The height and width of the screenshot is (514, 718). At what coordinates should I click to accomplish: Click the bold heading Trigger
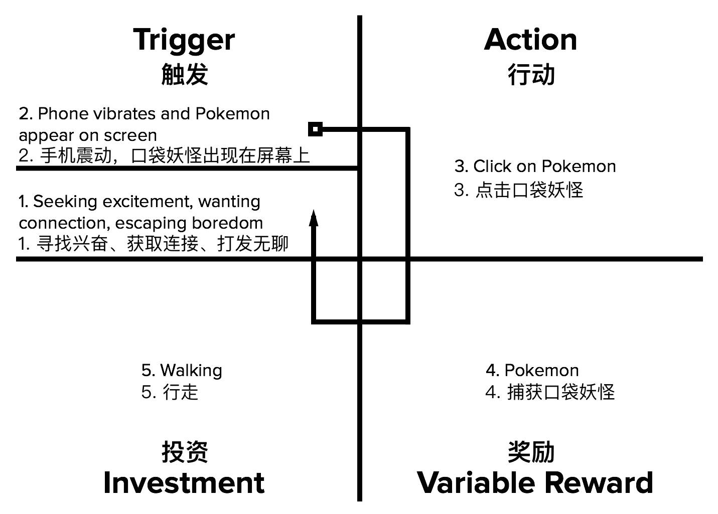pos(184,40)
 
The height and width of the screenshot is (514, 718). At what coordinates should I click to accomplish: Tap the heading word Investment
pos(184,482)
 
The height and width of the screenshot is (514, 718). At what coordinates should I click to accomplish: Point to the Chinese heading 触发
pos(184,75)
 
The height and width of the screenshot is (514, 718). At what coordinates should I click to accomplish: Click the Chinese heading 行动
pos(531,75)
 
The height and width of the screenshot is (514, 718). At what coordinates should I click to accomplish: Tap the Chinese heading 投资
pos(184,452)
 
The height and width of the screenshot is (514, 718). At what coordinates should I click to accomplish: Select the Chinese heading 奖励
pos(531,452)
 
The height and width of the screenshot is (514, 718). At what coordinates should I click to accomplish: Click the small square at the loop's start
pos(315,129)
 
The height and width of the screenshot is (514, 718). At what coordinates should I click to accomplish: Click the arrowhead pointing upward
pos(314,219)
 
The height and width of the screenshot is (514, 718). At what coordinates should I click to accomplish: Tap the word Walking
pos(191,371)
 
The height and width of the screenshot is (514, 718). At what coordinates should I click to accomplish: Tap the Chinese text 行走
pos(181,392)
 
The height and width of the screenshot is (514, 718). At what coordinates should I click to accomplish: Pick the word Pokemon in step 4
pos(541,370)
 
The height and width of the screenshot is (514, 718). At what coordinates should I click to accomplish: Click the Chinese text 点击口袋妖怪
pos(529,190)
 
